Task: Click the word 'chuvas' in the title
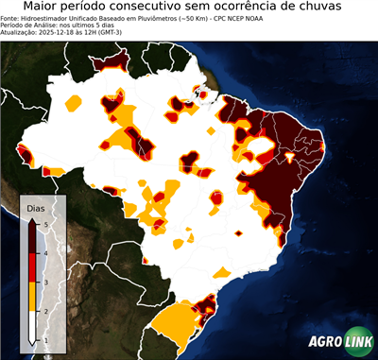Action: tap(344, 7)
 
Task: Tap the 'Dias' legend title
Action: tap(35, 207)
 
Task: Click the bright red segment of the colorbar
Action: tap(32, 267)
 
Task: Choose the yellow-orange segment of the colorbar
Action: tap(32, 296)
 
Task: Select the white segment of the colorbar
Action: tap(32, 325)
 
